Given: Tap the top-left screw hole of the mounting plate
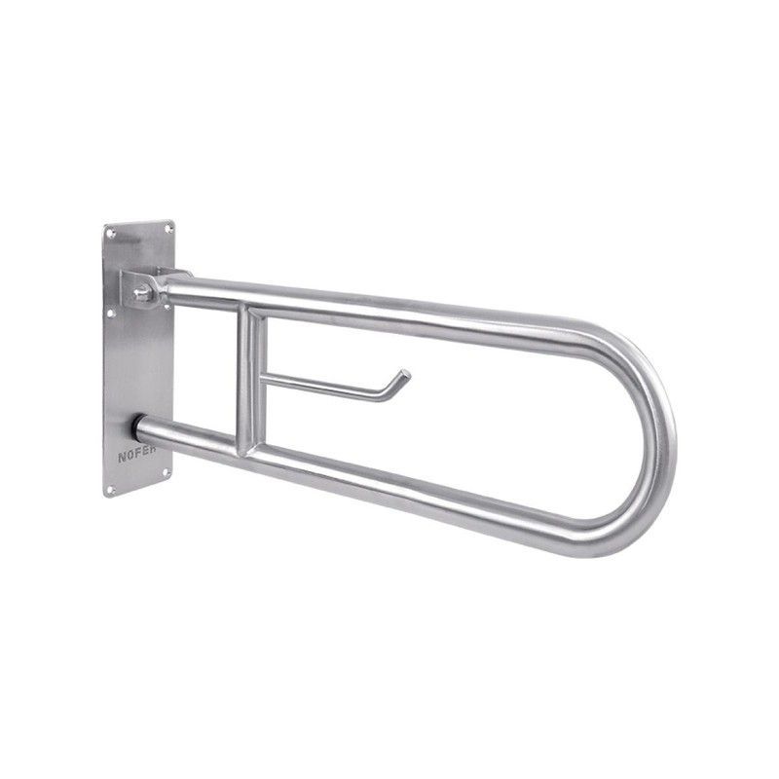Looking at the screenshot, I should coord(112,234).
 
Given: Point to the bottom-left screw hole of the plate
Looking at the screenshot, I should coord(110,491).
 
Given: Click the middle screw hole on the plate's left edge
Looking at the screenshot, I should coord(111,314).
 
